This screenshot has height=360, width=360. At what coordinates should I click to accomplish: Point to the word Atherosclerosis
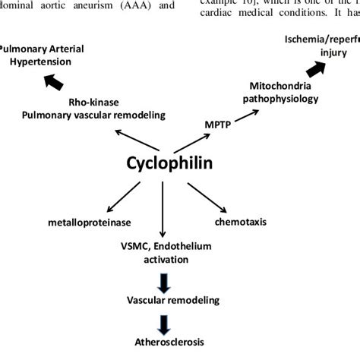click(165, 342)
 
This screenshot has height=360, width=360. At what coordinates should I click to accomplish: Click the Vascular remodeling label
click(164, 300)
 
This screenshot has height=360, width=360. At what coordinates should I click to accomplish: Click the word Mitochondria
click(276, 85)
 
